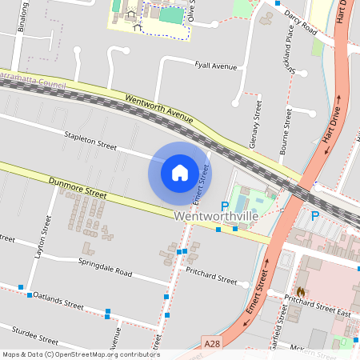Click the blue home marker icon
click(x=180, y=172)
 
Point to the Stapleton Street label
click(x=90, y=142)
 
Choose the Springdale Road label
click(x=106, y=266)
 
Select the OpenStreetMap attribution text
click(x=80, y=354)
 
